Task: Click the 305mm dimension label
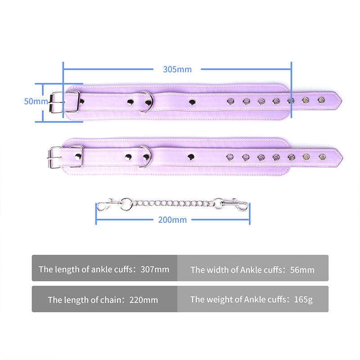[x=177, y=69]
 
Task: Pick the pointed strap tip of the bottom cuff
[x=337, y=157]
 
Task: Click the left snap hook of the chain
[x=105, y=207]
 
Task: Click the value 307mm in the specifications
[x=154, y=270]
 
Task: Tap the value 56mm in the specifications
[x=301, y=270]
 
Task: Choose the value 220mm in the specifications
[x=144, y=300]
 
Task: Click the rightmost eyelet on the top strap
[x=321, y=99]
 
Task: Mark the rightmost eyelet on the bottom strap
[x=322, y=157]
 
